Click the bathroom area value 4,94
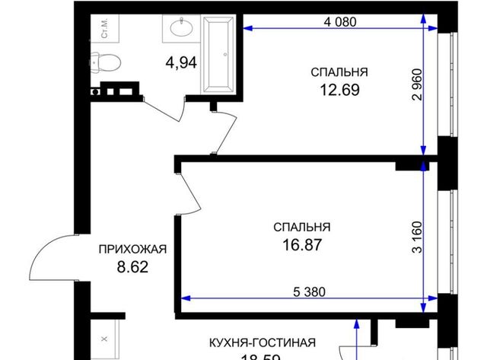tap(182, 62)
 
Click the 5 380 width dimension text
tap(303, 290)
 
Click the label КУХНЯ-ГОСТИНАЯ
tap(264, 342)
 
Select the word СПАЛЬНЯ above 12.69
tap(339, 72)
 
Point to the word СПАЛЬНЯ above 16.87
tap(302, 227)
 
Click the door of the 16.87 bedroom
tap(190, 190)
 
